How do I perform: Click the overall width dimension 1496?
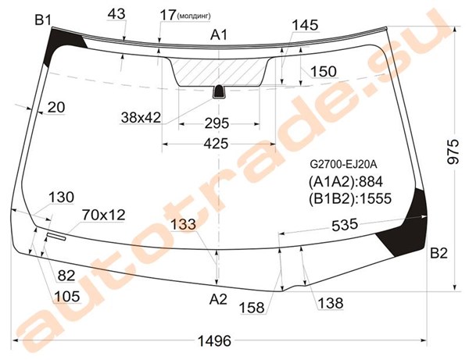pos(215,341)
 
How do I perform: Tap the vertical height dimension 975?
pos(453,151)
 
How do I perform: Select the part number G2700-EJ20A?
pos(343,164)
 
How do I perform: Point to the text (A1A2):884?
pos(345,181)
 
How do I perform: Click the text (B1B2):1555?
pos(350,198)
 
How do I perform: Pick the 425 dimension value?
pos(216,144)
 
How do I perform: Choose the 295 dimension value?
pos(217,123)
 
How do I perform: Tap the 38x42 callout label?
pos(141,118)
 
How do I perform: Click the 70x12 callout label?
pos(103,215)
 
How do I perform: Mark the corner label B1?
pos(43,20)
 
